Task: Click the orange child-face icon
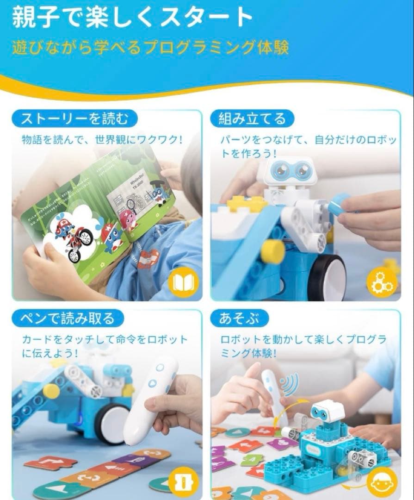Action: (382, 481)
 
